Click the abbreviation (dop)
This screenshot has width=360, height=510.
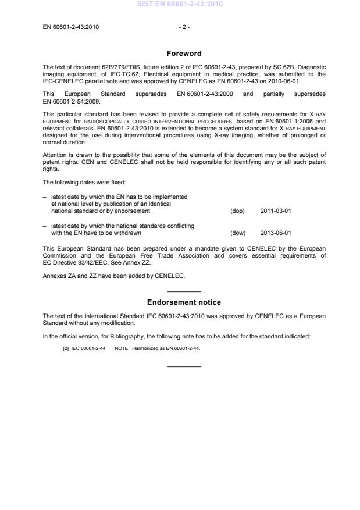coord(237,211)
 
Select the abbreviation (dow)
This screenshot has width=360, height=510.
coord(238,233)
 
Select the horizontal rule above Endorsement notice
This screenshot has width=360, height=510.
coord(184,291)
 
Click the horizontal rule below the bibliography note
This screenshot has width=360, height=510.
coord(184,366)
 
